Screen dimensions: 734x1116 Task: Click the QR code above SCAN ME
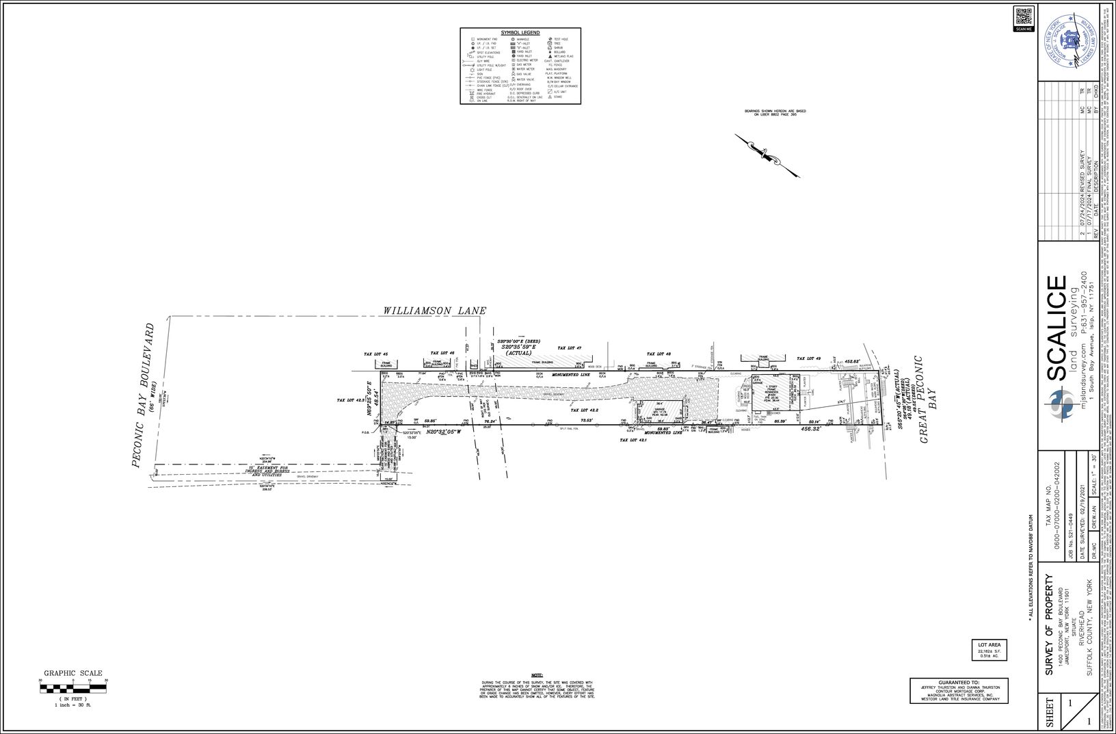(x=1023, y=16)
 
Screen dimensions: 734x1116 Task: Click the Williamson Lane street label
(x=434, y=311)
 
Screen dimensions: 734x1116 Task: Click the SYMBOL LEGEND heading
(x=520, y=33)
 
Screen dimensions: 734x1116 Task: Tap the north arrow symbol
(x=767, y=155)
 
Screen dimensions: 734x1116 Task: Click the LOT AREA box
(x=989, y=650)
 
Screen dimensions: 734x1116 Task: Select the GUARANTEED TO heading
(x=959, y=682)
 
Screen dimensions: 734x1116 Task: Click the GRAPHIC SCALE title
(x=73, y=673)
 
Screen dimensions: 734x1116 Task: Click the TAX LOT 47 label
(x=569, y=348)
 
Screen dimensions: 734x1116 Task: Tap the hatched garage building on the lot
(x=659, y=412)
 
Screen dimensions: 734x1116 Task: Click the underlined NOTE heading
(x=537, y=676)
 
